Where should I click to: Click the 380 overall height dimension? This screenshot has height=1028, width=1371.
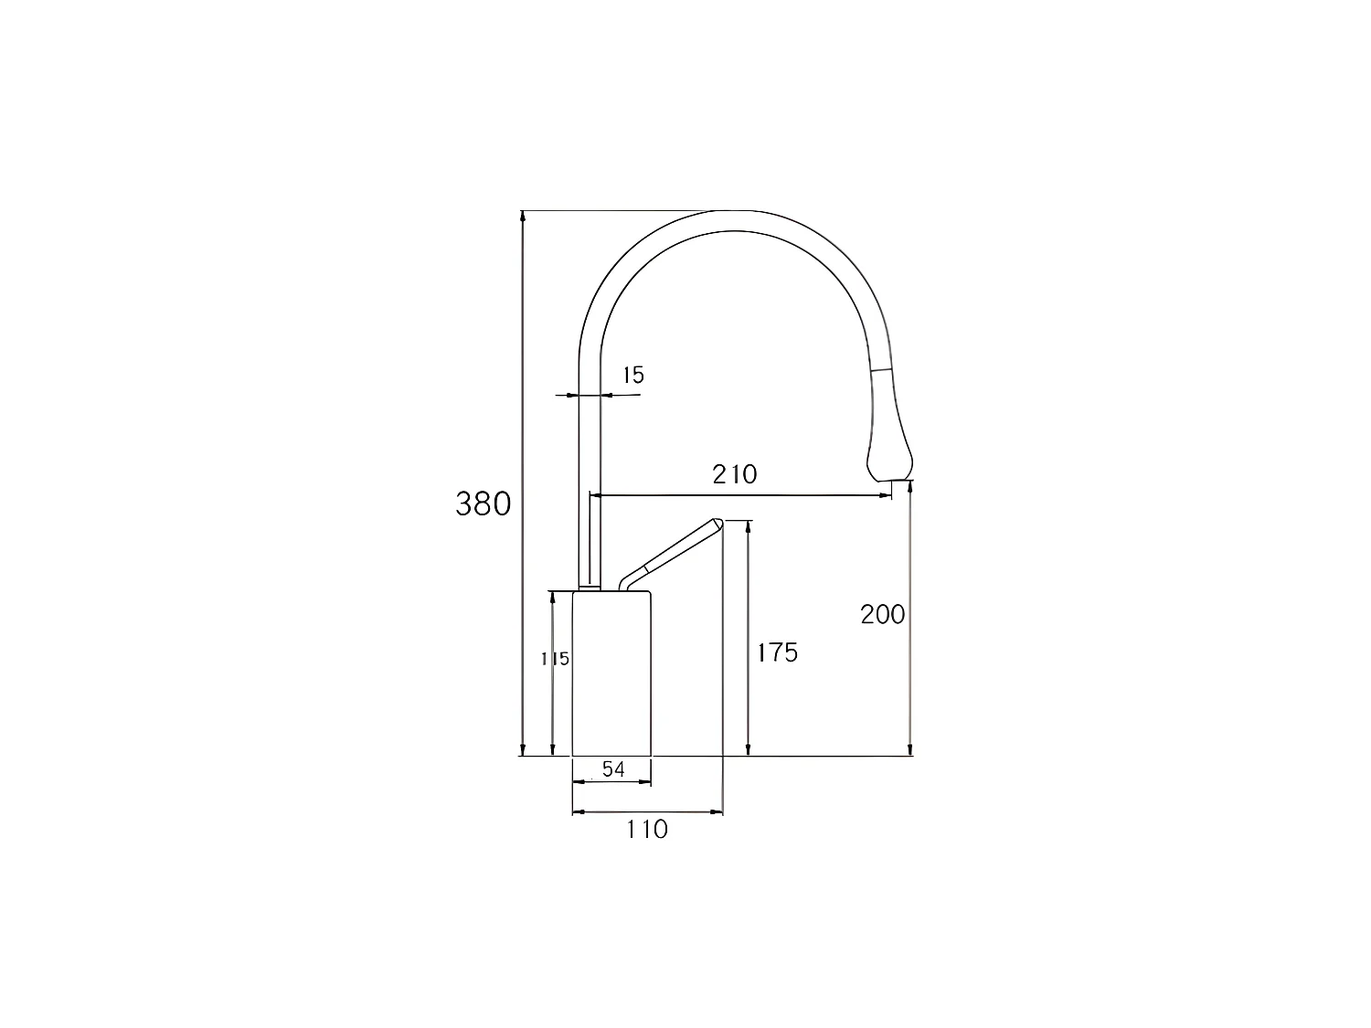click(483, 503)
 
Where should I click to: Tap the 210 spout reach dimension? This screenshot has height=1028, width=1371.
click(735, 474)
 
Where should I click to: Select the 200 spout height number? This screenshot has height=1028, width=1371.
click(882, 614)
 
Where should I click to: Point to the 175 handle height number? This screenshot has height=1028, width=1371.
click(777, 652)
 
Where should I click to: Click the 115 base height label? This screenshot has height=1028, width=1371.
click(556, 658)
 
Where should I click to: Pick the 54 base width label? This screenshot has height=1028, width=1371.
click(613, 769)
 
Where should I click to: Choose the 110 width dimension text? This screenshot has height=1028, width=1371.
click(647, 829)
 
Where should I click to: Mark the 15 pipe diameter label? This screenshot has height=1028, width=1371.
click(632, 375)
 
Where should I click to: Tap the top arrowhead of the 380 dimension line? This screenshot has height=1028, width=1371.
click(523, 216)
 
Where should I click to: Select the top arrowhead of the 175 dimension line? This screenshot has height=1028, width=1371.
click(749, 525)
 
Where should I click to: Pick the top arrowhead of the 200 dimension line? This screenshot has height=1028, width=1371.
click(909, 488)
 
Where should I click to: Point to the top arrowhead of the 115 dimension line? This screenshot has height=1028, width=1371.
click(552, 596)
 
